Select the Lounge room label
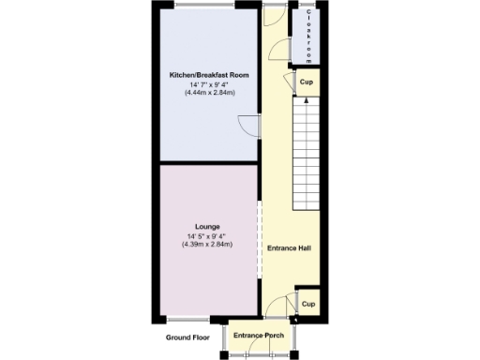tap(207, 226)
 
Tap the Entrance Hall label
tap(289, 248)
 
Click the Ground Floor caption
tap(187, 337)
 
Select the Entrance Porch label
tap(259, 336)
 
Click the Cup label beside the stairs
tap(306, 82)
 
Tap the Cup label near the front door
tap(307, 304)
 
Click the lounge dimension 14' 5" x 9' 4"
tap(207, 235)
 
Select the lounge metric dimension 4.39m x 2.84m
tap(207, 245)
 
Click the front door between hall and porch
tap(276, 319)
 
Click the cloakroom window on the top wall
tap(307, 7)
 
